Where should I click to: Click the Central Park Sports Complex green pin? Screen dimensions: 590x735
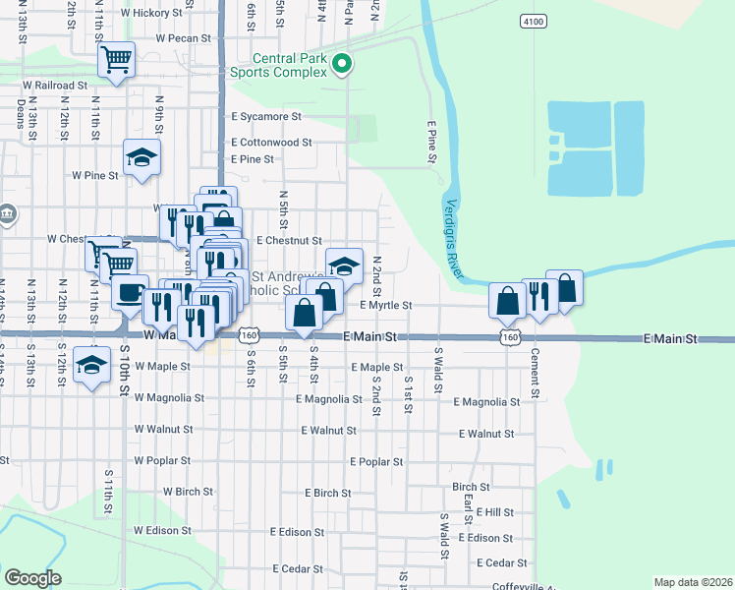(342, 64)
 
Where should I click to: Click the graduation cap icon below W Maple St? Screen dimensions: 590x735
(91, 365)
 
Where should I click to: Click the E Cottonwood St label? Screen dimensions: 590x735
(270, 142)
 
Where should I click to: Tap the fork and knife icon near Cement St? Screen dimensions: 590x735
(538, 295)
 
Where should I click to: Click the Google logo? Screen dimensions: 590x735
(31, 578)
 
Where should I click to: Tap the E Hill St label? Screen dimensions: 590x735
(492, 512)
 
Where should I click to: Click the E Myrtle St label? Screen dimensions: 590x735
(385, 306)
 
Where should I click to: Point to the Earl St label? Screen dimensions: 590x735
(470, 502)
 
